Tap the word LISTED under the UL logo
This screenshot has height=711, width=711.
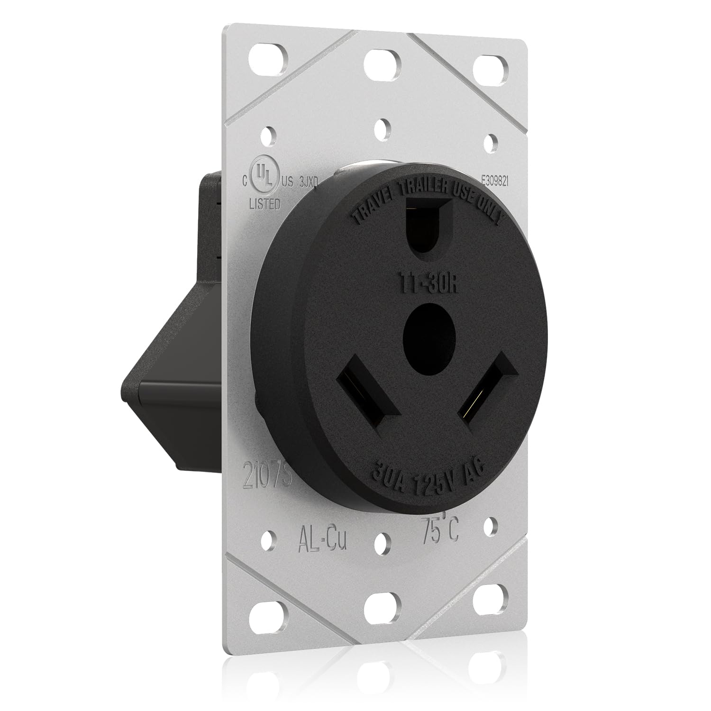264,204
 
